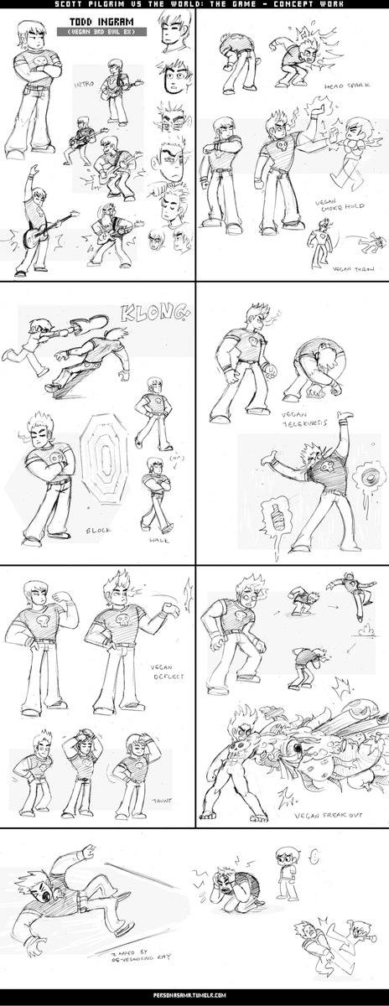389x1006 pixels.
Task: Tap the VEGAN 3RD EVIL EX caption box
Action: tap(101, 32)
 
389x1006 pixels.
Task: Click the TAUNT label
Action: tap(163, 800)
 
